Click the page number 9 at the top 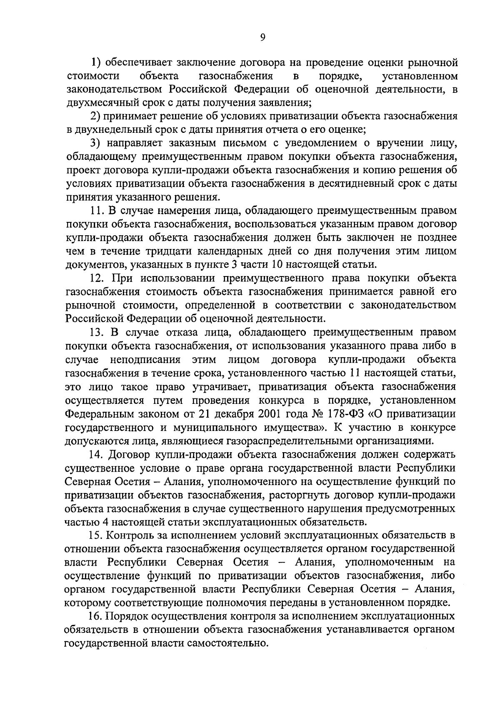262,37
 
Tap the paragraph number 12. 97,278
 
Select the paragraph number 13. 97,332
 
